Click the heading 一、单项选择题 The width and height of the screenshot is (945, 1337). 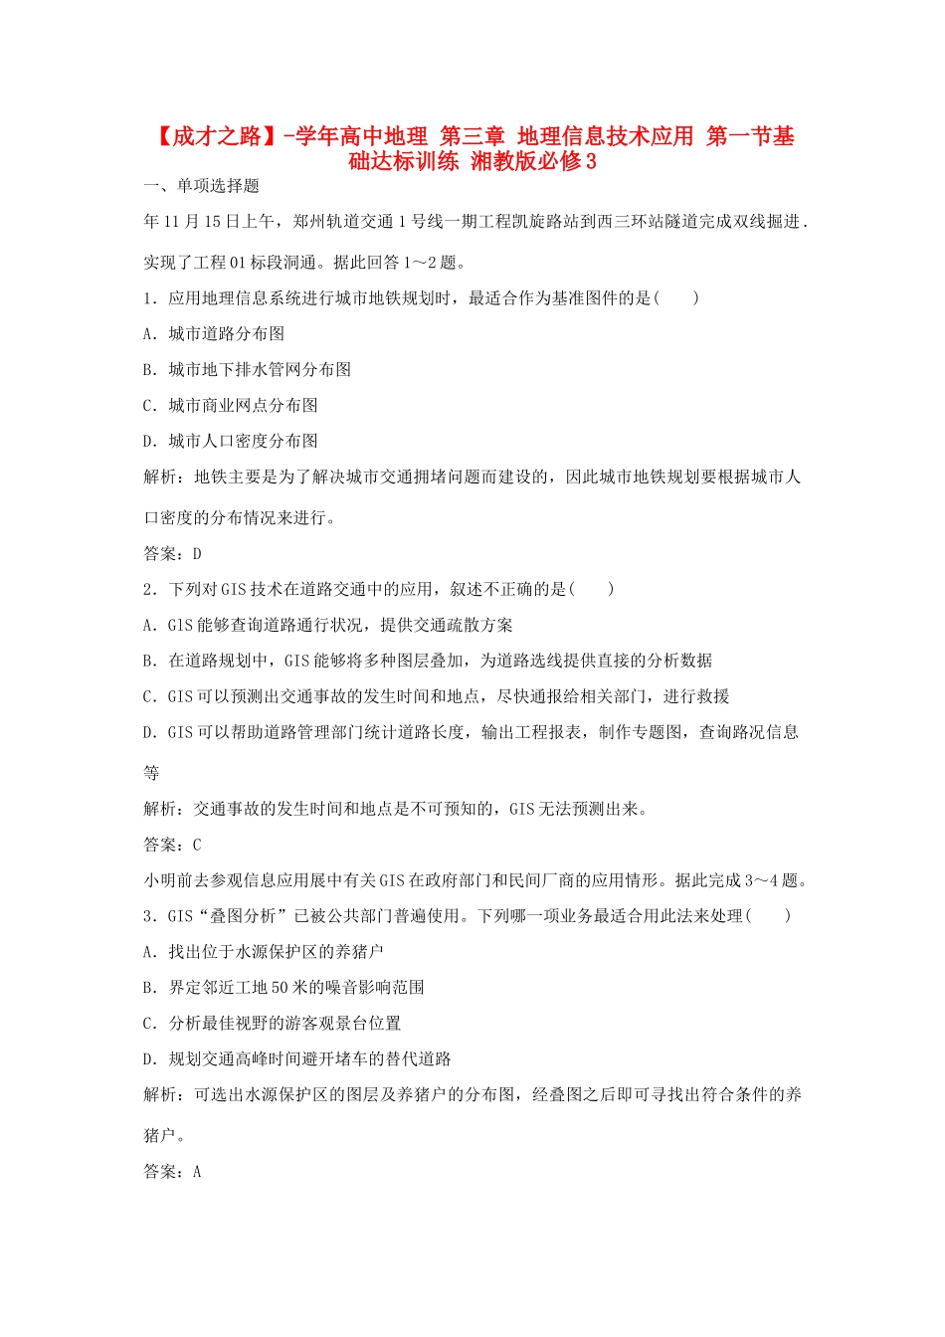tap(202, 186)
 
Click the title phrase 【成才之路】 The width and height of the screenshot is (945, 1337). tap(213, 136)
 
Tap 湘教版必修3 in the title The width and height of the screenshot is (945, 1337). tap(534, 161)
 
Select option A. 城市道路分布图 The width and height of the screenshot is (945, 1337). tap(214, 334)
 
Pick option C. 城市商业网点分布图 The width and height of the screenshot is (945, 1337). tap(231, 406)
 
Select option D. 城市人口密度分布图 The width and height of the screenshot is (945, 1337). tap(231, 442)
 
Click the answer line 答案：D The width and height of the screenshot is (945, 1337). tap(173, 554)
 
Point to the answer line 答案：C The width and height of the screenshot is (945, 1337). tap(173, 845)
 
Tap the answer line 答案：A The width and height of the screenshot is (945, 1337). tap(173, 1172)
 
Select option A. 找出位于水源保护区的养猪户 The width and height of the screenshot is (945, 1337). tap(264, 952)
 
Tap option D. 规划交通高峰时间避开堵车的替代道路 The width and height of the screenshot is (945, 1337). tap(297, 1059)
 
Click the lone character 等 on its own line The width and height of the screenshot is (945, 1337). tap(152, 773)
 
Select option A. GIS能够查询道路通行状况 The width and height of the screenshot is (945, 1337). tap(328, 626)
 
